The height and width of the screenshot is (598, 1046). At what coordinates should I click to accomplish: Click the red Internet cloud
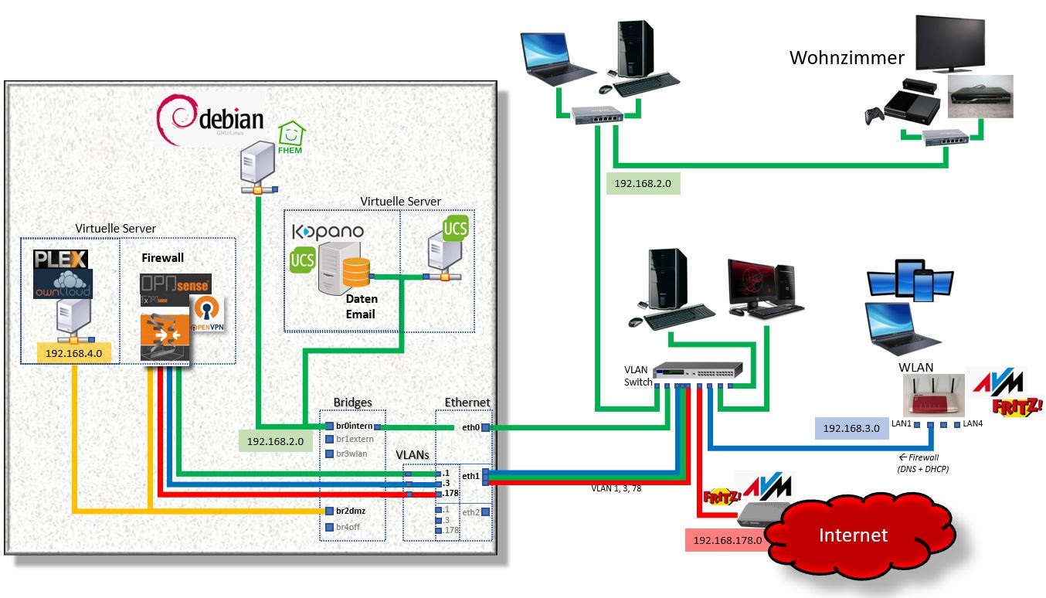(x=854, y=535)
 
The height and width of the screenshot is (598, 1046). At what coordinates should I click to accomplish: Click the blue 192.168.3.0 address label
(x=851, y=428)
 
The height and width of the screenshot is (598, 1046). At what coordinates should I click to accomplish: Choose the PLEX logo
(x=61, y=259)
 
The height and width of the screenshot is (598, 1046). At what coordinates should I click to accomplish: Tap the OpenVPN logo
(x=207, y=314)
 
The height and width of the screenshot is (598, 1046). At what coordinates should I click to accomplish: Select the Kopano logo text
(x=328, y=232)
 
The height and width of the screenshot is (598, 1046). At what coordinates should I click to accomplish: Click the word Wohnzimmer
(x=847, y=58)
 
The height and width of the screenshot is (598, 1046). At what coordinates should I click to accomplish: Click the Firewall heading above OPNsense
(x=162, y=257)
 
